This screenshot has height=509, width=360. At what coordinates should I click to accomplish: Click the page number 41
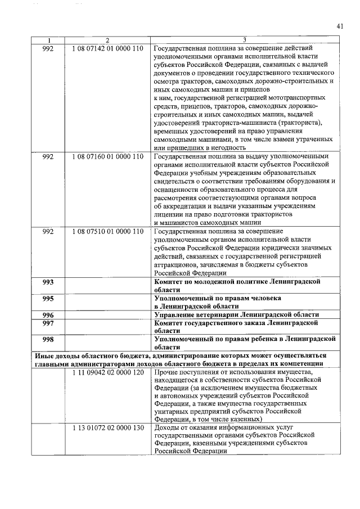[x=340, y=25]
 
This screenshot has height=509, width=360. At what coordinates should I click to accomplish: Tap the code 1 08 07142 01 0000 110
[x=107, y=48]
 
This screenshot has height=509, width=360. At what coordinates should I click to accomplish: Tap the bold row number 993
[x=48, y=281]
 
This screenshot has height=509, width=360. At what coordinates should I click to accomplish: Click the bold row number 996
[x=48, y=315]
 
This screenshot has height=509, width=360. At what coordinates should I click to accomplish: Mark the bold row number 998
[x=48, y=340]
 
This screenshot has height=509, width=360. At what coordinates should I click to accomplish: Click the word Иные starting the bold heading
[x=45, y=356]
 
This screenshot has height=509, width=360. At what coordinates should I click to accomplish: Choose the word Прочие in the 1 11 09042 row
[x=166, y=372]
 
